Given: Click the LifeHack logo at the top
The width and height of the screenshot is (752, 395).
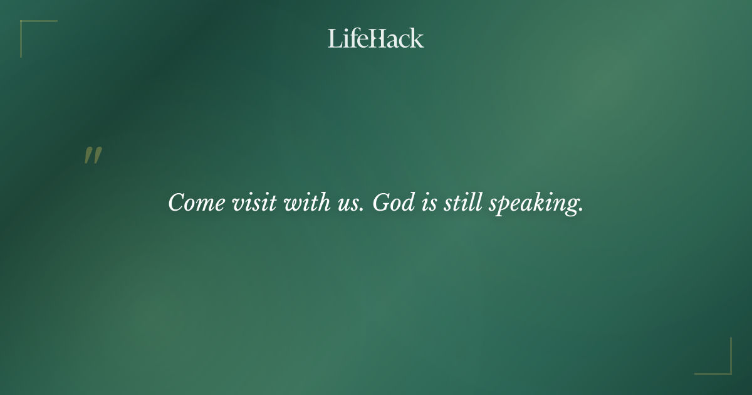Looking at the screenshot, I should [x=376, y=38].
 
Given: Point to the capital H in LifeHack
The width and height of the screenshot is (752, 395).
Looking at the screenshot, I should [x=375, y=38].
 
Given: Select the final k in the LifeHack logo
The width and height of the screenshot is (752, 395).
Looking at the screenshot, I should [x=417, y=38].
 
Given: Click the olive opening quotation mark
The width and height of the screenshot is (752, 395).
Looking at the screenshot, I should [x=93, y=156].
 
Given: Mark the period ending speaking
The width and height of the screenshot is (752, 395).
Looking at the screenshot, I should [x=581, y=210].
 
